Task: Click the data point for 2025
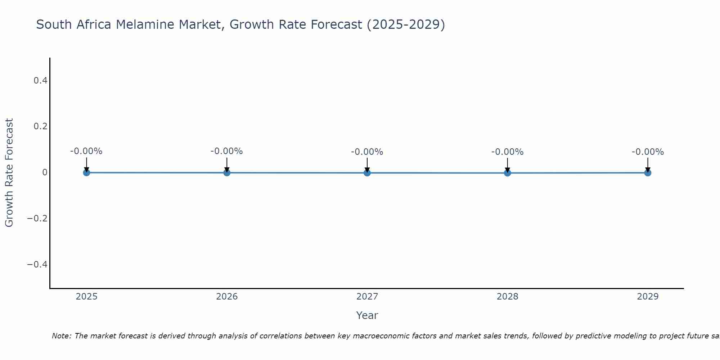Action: (86, 172)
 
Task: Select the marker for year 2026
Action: (227, 172)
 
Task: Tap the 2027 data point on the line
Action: (367, 173)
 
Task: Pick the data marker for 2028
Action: (507, 173)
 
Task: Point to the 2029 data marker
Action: (648, 173)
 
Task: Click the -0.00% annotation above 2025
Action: (86, 151)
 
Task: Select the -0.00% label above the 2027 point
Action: (367, 152)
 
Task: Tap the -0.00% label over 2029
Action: (648, 152)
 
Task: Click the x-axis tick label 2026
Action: (227, 297)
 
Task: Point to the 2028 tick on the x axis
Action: (507, 297)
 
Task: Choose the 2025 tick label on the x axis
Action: (86, 297)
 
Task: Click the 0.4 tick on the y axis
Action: (40, 81)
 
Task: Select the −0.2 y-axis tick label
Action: (37, 219)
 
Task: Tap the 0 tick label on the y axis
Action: (45, 172)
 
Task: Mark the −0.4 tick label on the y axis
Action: (37, 265)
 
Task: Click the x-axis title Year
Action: (367, 316)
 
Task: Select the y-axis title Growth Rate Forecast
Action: (9, 173)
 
